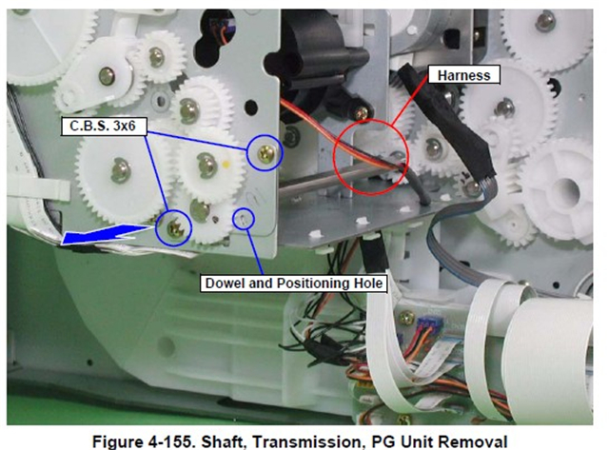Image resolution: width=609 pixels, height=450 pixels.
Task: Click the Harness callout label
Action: (x=463, y=75)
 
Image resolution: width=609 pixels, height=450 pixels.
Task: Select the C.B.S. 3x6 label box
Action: (x=104, y=127)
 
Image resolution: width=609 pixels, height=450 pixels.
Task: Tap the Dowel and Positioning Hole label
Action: (x=294, y=284)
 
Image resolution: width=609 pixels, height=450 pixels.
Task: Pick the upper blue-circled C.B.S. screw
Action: (x=266, y=153)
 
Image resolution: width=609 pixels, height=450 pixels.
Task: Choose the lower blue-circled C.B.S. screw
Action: (x=174, y=228)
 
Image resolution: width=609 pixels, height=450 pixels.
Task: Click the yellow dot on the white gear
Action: (x=226, y=165)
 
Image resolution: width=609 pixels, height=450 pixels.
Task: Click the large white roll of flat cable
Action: (x=548, y=353)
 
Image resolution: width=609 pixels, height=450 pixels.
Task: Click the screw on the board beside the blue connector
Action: (x=406, y=319)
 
